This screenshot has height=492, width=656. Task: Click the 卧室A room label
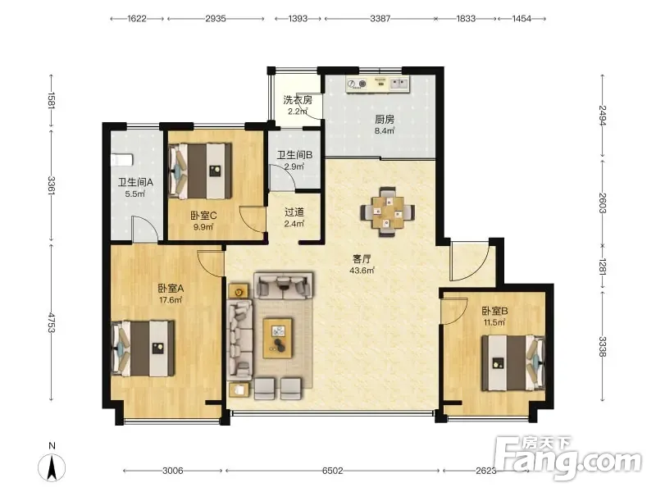point(171,289)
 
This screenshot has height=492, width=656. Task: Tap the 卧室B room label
point(494,311)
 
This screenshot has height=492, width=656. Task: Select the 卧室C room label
point(203,216)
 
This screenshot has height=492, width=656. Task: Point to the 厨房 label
point(385,120)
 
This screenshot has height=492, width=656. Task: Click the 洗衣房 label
point(298,100)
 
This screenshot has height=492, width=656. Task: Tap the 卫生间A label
point(135,182)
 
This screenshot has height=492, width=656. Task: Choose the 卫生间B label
point(294,155)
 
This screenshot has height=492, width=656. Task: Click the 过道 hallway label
point(294,212)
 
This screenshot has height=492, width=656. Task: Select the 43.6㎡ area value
point(362,271)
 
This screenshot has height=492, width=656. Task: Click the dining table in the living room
point(388,212)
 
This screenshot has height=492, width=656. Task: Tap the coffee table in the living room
point(278,338)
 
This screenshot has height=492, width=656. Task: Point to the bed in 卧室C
point(200,171)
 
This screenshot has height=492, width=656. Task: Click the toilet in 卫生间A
point(121,159)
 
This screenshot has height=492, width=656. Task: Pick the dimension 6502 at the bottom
point(333,471)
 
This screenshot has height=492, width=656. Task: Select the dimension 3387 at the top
point(380,18)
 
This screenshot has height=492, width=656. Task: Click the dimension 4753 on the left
point(52,322)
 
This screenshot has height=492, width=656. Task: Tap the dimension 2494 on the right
point(603,116)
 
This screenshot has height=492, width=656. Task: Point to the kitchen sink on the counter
point(399,84)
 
